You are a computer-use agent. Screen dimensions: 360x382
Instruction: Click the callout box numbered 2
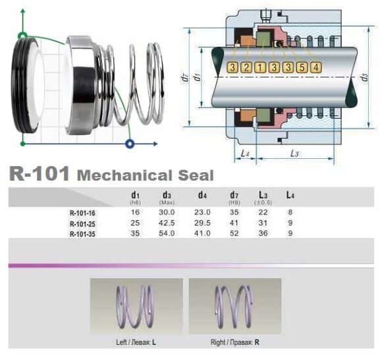coord(246,67)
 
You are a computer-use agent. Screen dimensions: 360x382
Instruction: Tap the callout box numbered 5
coord(302,67)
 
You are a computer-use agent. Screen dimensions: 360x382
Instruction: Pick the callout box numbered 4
coord(316,67)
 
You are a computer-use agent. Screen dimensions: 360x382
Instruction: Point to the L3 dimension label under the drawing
coord(294,153)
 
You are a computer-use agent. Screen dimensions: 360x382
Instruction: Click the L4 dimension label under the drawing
coord(244,153)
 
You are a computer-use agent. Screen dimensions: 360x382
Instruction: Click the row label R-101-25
coord(82,224)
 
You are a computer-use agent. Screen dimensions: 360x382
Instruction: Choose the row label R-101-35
coord(82,233)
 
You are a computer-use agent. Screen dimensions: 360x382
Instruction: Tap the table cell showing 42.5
coord(167,224)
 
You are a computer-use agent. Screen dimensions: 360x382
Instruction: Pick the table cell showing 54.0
coord(167,233)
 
